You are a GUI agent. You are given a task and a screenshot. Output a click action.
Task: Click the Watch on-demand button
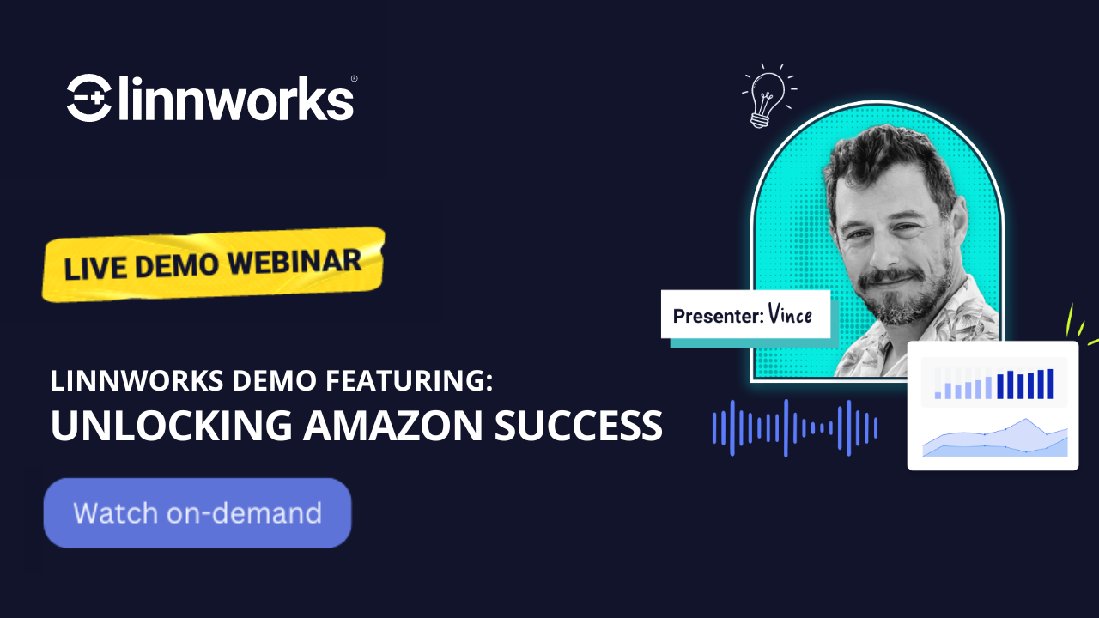pyautogui.click(x=197, y=513)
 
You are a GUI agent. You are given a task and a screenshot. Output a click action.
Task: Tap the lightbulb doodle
pyautogui.click(x=768, y=94)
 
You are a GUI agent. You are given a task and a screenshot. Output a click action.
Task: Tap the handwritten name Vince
pyautogui.click(x=791, y=314)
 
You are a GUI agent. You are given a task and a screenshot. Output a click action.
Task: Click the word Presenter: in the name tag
pyautogui.click(x=718, y=315)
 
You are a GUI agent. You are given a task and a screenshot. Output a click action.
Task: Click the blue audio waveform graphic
pyautogui.click(x=795, y=427)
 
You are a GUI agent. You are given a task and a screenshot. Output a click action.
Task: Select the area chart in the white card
pyautogui.click(x=995, y=439)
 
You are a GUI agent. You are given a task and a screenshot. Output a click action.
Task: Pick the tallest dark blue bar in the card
pyautogui.click(x=1050, y=384)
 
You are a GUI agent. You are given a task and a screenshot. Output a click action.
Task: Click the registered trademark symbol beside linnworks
pyautogui.click(x=355, y=79)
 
